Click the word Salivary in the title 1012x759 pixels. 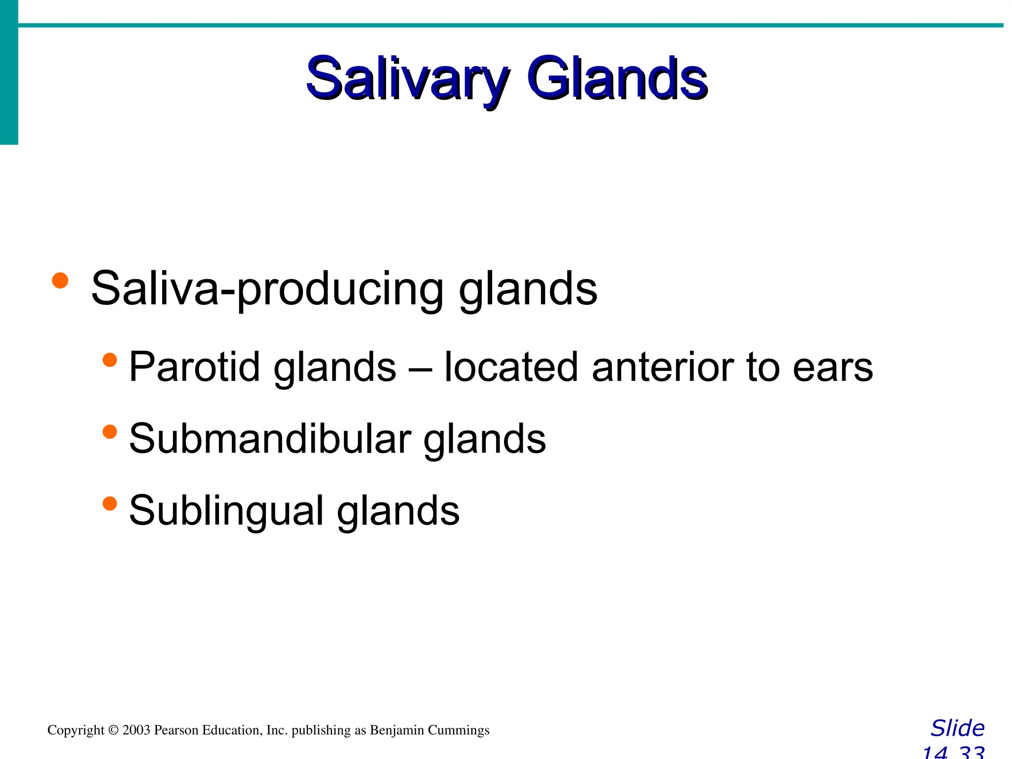406,79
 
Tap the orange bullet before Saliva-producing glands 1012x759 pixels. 60,280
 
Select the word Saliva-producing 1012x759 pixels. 267,289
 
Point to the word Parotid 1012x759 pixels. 194,367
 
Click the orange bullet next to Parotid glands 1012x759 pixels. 110,360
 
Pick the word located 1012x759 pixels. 511,367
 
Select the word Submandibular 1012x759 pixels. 270,438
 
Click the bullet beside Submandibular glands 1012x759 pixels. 110,432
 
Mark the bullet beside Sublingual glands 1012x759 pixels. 110,504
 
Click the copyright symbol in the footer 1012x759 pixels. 113,730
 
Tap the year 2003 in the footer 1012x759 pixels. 136,730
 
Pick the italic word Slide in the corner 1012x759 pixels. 957,728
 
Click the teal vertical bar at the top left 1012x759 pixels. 9,74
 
